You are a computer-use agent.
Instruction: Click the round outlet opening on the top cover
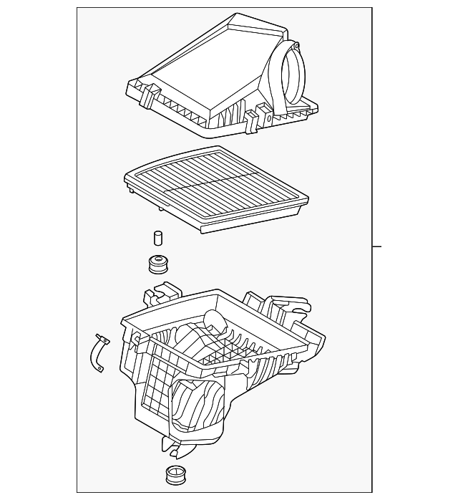click(x=293, y=72)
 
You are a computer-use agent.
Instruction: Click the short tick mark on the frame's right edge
click(x=377, y=247)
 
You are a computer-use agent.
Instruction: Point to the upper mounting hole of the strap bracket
click(x=102, y=341)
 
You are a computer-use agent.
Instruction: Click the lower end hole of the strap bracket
click(x=101, y=370)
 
